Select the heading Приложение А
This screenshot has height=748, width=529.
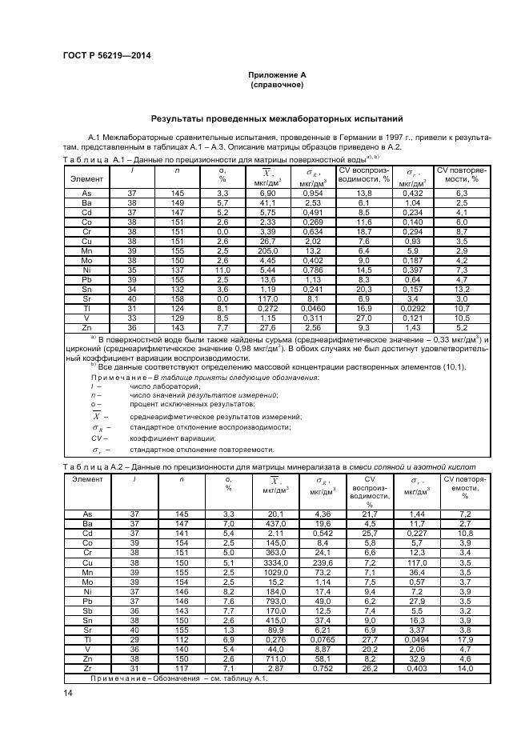click(x=276, y=74)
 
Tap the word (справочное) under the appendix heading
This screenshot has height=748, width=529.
click(x=276, y=84)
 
